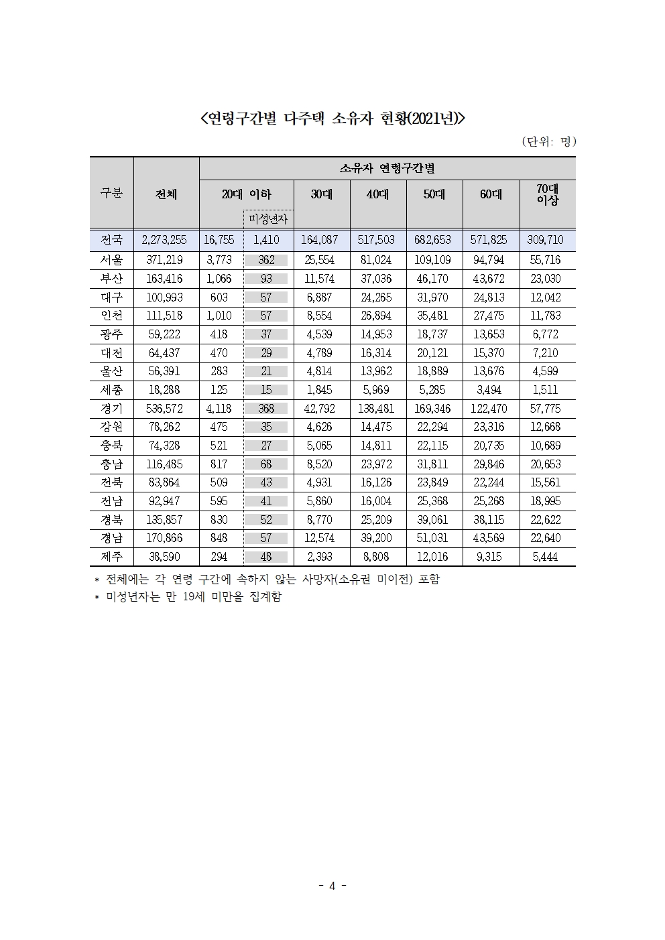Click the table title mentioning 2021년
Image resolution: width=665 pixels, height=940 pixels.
tap(332, 119)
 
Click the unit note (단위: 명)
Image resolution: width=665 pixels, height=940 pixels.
tap(548, 141)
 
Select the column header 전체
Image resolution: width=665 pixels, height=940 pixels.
tap(166, 194)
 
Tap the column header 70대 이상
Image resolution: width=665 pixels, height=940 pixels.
tap(547, 194)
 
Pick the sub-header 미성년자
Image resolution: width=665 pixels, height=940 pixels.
tap(268, 218)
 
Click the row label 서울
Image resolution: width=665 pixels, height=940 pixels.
tap(112, 260)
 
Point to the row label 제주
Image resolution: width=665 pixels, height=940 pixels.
tap(112, 556)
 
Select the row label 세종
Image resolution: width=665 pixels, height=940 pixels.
tap(112, 390)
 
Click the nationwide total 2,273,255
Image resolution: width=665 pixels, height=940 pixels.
tap(165, 240)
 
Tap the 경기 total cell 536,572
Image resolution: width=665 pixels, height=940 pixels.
tap(165, 408)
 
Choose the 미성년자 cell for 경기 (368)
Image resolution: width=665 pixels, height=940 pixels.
tap(266, 408)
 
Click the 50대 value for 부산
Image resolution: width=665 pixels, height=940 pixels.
tap(433, 279)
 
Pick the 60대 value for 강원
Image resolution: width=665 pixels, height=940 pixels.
tap(489, 427)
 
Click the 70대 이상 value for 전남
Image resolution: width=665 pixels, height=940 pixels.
tap(546, 501)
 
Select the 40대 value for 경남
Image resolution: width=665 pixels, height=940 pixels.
tap(377, 538)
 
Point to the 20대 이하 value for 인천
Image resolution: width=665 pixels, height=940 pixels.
tap(219, 316)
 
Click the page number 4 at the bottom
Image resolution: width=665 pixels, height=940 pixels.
tap(332, 886)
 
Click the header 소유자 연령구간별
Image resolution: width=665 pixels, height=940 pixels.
tap(387, 168)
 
